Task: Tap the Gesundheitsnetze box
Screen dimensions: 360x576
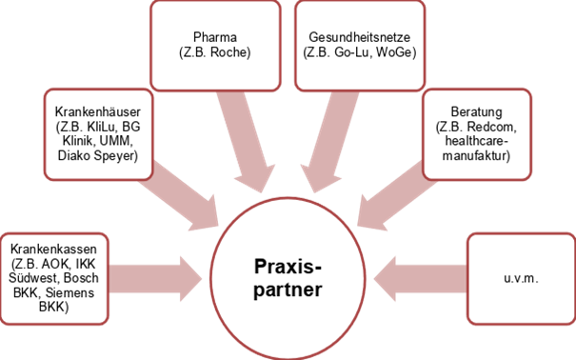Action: [360, 39]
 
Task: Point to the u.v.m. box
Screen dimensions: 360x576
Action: [520, 277]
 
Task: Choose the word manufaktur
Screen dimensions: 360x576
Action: [473, 155]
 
